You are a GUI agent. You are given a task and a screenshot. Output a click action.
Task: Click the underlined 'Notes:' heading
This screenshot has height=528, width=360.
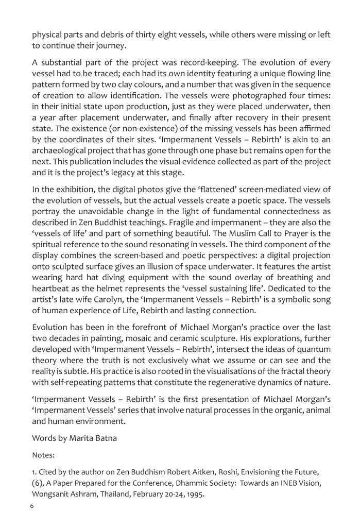(x=43, y=470)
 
